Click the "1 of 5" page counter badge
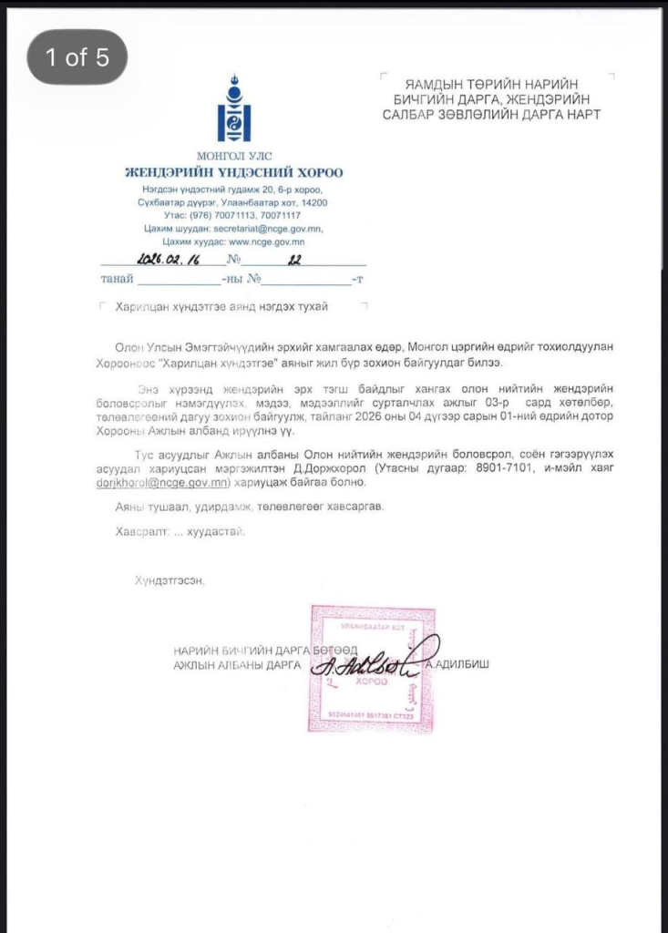[77, 57]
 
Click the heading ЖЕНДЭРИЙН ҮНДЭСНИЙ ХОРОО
[234, 172]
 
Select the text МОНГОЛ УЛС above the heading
[234, 157]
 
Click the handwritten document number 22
[294, 261]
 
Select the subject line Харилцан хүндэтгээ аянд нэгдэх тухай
[221, 307]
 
